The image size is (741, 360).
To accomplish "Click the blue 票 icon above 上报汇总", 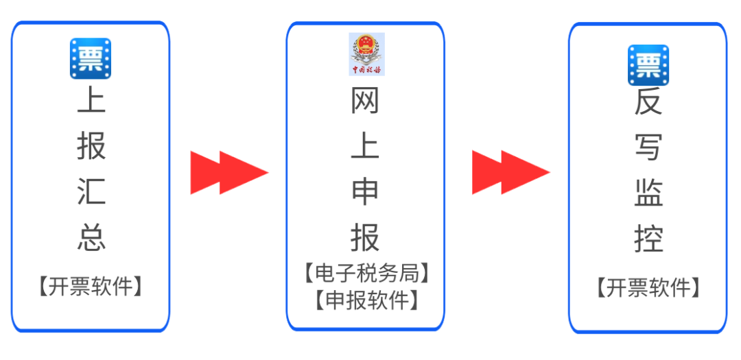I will (x=91, y=58).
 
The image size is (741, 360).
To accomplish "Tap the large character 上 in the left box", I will (x=91, y=101).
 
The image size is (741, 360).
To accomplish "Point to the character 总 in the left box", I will (x=91, y=237).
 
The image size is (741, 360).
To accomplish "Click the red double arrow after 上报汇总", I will (x=228, y=173).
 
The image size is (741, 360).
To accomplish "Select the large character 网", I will (x=365, y=103).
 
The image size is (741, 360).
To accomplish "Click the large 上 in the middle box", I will (x=365, y=147).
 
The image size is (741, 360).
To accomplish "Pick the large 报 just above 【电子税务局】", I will (x=365, y=237).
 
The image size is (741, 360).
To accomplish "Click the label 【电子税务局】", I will (x=366, y=274).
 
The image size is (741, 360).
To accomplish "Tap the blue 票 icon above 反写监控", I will (x=648, y=64).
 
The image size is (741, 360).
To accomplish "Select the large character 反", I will (x=648, y=103).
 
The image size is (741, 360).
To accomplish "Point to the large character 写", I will (x=648, y=147).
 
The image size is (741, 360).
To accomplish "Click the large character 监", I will (x=648, y=193).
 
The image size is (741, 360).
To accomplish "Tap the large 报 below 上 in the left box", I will (x=91, y=146).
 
